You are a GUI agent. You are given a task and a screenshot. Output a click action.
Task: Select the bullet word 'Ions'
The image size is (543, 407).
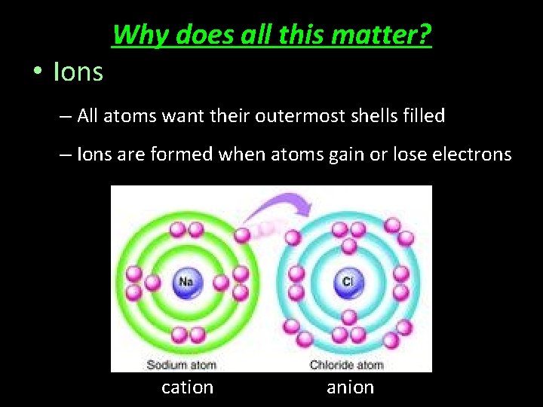[x=78, y=72]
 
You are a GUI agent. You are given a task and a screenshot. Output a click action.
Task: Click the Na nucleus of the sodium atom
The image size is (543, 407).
[x=186, y=282]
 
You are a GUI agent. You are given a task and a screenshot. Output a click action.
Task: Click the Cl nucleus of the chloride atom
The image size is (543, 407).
[x=348, y=282]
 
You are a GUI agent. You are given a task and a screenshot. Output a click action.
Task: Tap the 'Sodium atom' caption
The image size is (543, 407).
[x=181, y=365]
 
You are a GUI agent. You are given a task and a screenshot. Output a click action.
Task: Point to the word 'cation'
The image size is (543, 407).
[x=188, y=387]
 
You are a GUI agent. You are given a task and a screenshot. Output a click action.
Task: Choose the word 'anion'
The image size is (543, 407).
[x=350, y=387]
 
